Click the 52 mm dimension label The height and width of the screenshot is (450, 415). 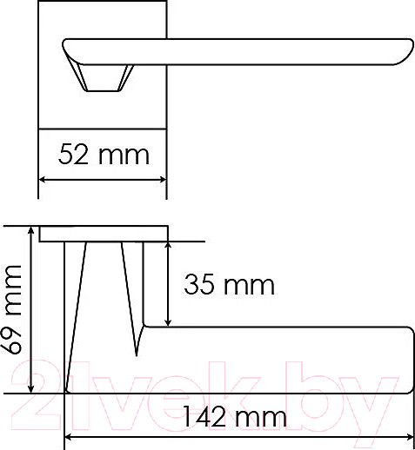[104, 156]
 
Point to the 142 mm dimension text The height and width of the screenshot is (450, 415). [234, 418]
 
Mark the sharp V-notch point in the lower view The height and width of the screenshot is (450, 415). [137, 354]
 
